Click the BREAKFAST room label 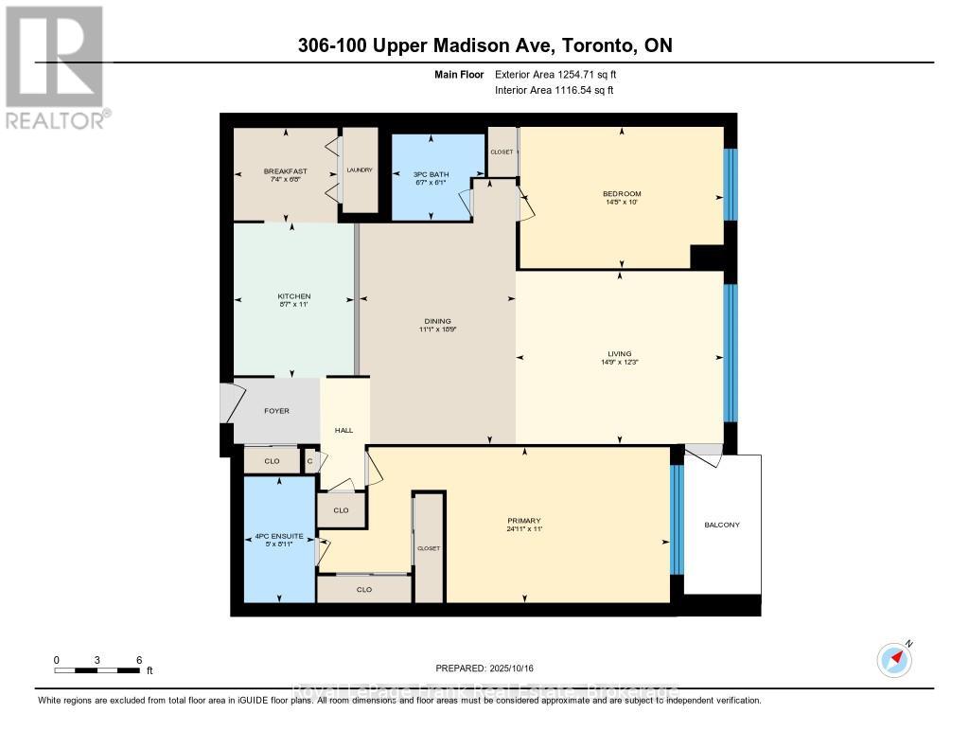(x=285, y=171)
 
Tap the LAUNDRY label (x=360, y=170)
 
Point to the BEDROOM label (x=622, y=194)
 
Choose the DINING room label (x=437, y=321)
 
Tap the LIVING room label (x=620, y=354)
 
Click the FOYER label (x=276, y=411)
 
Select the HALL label (x=344, y=431)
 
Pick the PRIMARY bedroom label (x=523, y=521)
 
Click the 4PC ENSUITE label (x=279, y=536)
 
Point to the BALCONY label (x=722, y=525)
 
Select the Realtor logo (x=58, y=66)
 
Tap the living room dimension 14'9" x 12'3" (x=620, y=363)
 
